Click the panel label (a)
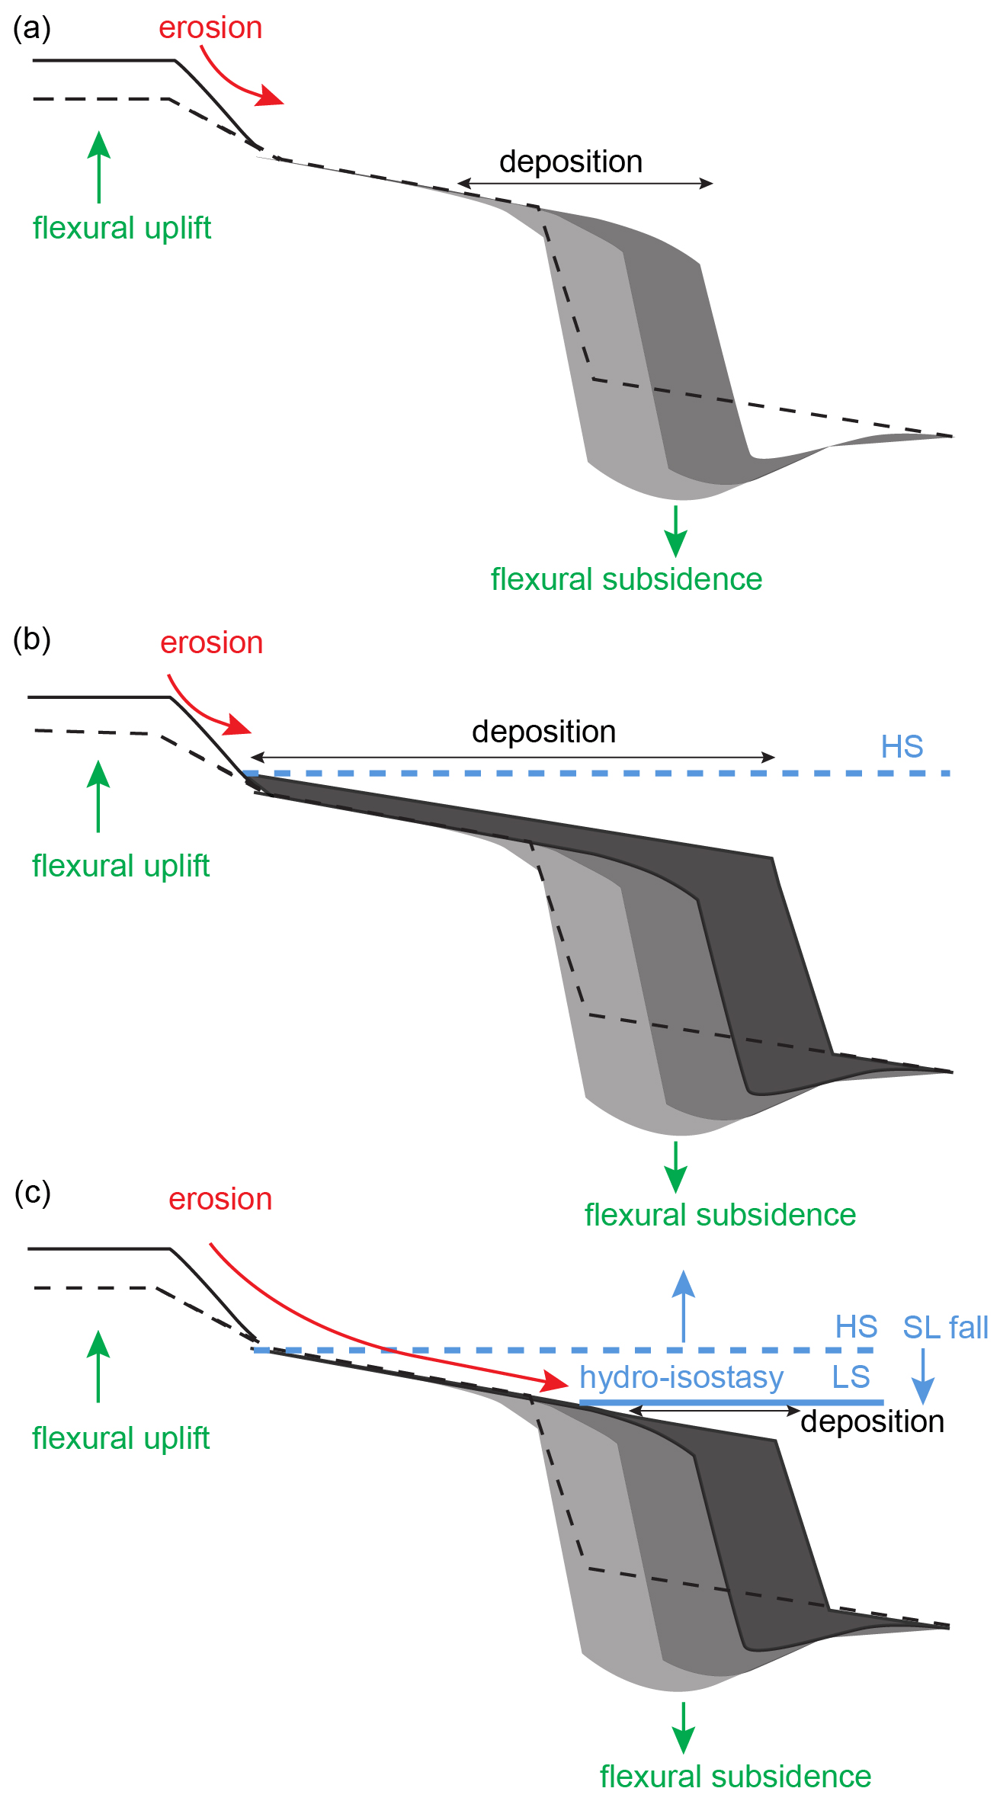[32, 28]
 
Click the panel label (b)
[32, 639]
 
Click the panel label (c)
[32, 1192]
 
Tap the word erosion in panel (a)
[210, 28]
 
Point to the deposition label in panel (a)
[571, 162]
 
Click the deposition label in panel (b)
[543, 732]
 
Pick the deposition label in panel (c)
[872, 1421]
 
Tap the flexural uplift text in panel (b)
[120, 866]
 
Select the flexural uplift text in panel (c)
[120, 1438]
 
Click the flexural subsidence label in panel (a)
[626, 579]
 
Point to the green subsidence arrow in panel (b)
[675, 1167]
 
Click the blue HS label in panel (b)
[902, 747]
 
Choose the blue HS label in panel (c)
[856, 1327]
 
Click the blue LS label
[851, 1377]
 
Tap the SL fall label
[945, 1328]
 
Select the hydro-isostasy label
[681, 1377]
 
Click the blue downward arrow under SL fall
[922, 1376]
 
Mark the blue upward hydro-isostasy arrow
[684, 1304]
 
